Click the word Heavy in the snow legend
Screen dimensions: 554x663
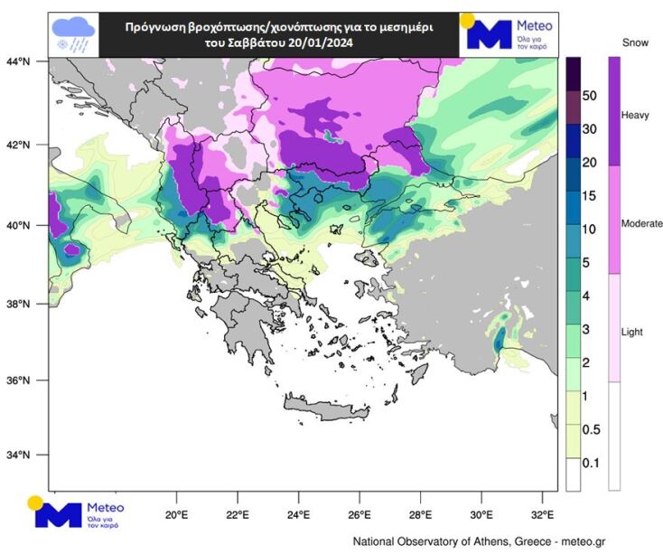(x=635, y=116)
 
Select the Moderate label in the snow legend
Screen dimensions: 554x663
(x=642, y=222)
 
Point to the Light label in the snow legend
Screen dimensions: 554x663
(x=632, y=333)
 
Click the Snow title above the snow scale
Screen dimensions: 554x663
(x=635, y=42)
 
